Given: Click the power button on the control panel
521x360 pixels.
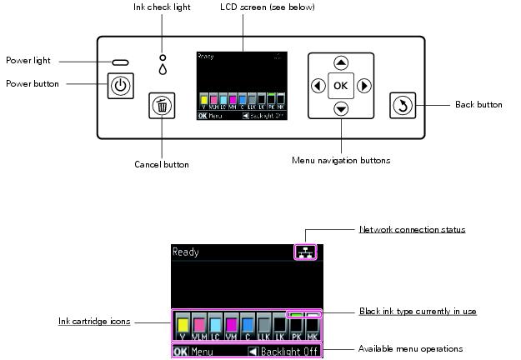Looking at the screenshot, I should pyautogui.click(x=121, y=85).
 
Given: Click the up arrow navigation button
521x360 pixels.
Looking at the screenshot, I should pyautogui.click(x=341, y=63).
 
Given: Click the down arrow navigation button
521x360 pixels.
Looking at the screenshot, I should pyautogui.click(x=341, y=108).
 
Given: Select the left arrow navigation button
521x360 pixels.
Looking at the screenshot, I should pyautogui.click(x=318, y=86).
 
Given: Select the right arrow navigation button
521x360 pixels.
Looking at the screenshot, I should pyautogui.click(x=364, y=86).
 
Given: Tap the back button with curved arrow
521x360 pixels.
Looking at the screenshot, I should pyautogui.click(x=402, y=106).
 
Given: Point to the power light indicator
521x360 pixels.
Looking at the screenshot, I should pyautogui.click(x=121, y=62).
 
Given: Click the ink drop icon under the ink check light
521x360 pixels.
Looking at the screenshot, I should pyautogui.click(x=162, y=70).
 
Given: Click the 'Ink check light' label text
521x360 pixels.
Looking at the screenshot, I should pyautogui.click(x=162, y=7).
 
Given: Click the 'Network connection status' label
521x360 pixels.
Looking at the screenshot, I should pyautogui.click(x=412, y=229).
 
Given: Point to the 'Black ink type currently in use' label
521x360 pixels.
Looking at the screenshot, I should pyautogui.click(x=418, y=311).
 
